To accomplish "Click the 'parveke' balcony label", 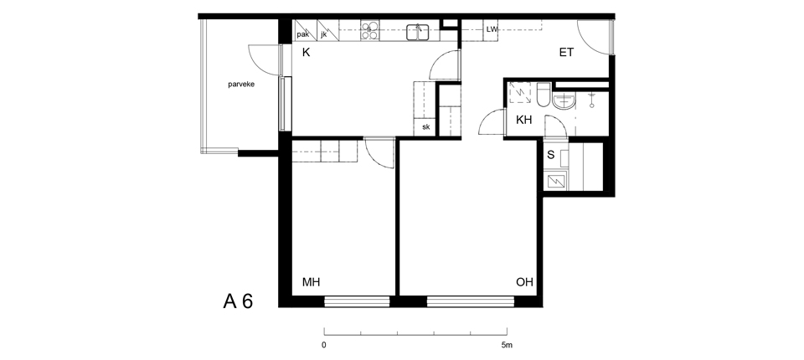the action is coord(241,85).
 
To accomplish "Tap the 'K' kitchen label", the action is coord(307,52).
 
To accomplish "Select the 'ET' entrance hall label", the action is coord(566,52).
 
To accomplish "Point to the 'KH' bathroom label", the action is coord(523,121).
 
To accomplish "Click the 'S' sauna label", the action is coord(551,155).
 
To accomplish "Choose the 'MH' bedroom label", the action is coord(312,282).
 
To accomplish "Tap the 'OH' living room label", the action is coord(524,282).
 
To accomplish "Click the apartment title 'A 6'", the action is coord(238,301).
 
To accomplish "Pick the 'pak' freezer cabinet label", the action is coord(302,35).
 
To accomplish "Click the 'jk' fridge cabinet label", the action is coord(323,35).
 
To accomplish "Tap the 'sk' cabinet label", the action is coord(426,127).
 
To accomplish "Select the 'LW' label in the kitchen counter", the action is coord(492,29).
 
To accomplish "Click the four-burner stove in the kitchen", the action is coord(369,30).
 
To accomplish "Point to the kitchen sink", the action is coord(419,32).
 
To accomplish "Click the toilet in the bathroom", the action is coord(544,95).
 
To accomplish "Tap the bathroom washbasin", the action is coord(564,100).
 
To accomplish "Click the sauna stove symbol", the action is coord(556,181).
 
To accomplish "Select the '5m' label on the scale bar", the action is coord(507,345).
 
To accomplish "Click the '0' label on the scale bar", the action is coord(324,345).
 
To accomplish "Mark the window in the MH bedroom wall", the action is coord(357,301).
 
